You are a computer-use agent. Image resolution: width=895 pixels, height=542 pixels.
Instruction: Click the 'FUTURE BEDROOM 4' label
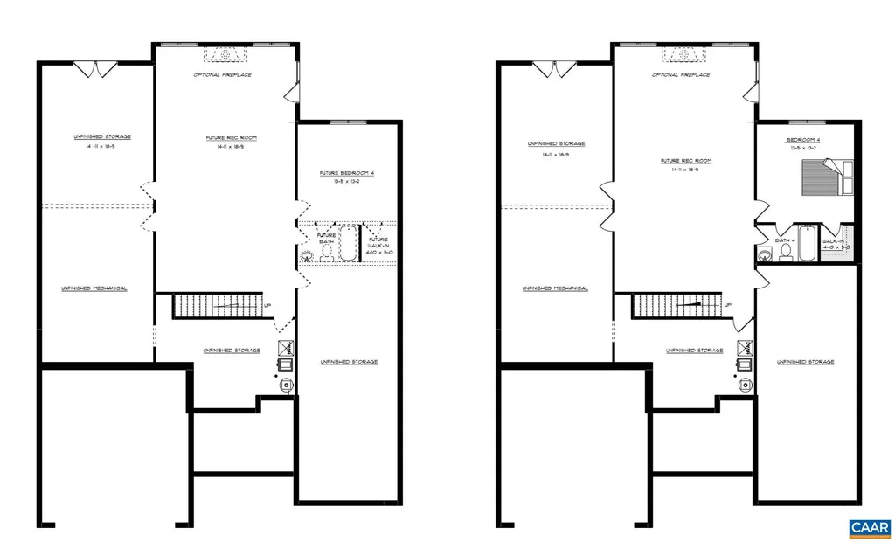[347, 173]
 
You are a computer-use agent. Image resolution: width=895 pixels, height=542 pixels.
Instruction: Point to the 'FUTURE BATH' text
[326, 238]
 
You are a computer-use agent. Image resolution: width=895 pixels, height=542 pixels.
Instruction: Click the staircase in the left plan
[218, 305]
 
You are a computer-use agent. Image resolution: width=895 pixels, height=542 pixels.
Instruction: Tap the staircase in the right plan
[676, 305]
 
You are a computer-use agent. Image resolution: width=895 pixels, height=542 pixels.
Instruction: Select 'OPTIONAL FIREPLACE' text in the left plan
[223, 75]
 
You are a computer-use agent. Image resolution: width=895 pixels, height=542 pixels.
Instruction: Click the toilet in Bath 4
[785, 252]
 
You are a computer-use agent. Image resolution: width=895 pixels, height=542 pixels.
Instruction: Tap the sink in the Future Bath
[307, 256]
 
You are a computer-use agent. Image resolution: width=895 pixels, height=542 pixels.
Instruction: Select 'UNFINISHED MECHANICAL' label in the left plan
[94, 288]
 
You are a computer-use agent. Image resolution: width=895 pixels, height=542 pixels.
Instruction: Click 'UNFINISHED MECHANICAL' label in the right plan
[554, 288]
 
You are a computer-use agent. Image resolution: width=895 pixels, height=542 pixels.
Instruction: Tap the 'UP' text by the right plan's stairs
[727, 304]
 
